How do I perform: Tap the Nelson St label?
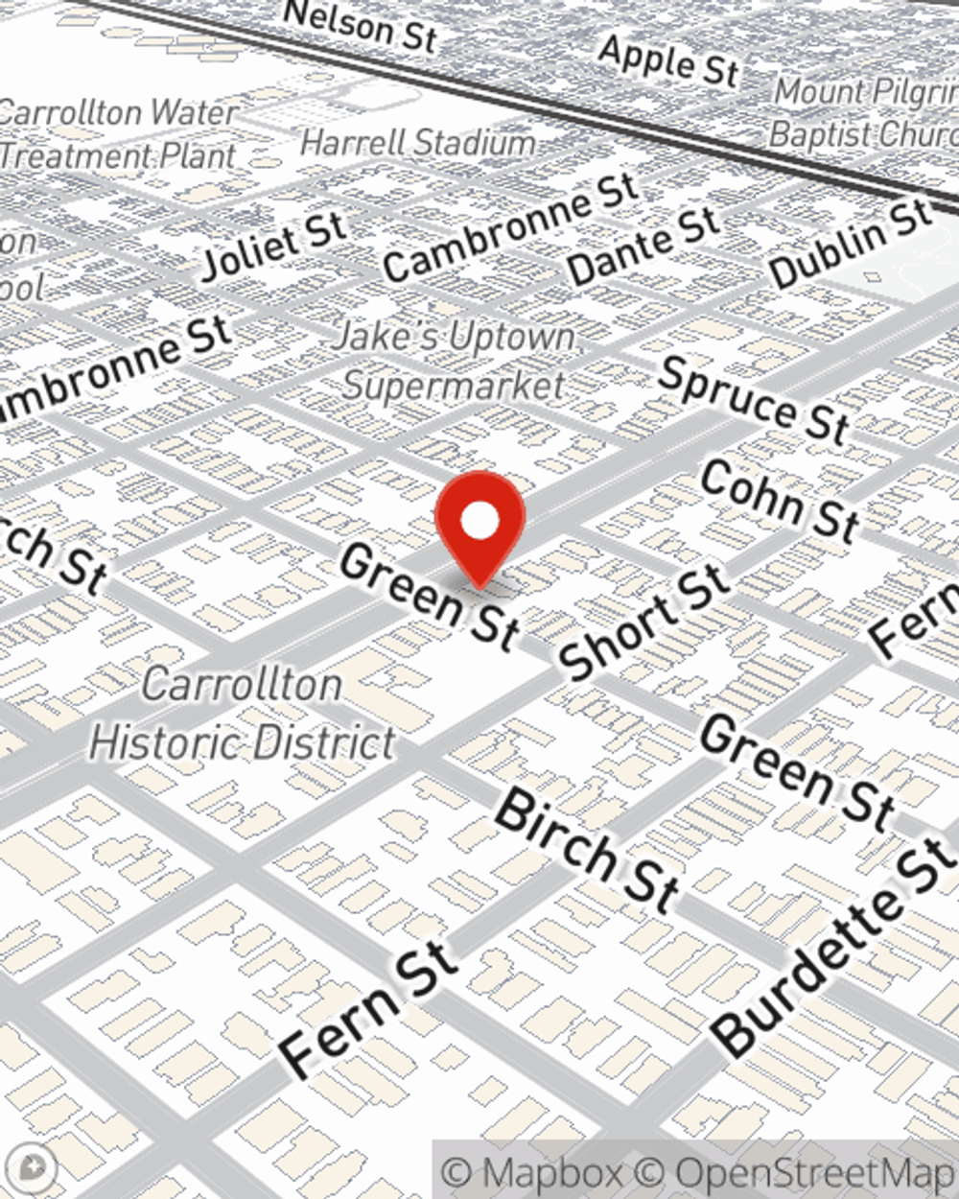(x=362, y=26)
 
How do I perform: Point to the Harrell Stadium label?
(x=418, y=143)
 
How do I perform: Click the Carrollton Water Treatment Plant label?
(x=117, y=133)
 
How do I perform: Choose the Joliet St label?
(x=274, y=246)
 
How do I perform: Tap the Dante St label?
(x=643, y=246)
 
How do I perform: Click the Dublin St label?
(x=850, y=244)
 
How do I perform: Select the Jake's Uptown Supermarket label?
(x=455, y=362)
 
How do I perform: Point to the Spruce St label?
(x=754, y=399)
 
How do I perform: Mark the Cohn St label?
(x=779, y=501)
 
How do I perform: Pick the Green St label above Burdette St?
(x=797, y=771)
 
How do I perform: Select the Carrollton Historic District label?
(x=242, y=715)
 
